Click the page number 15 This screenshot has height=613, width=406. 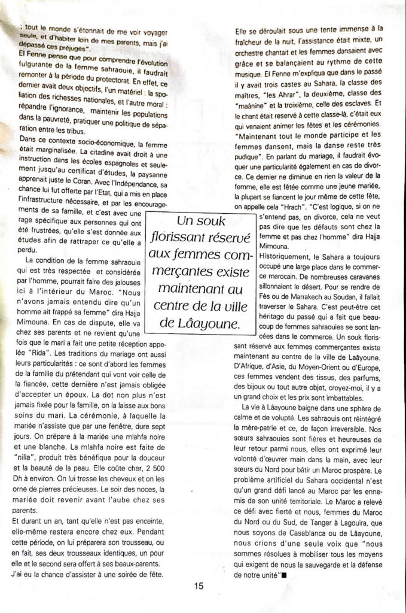[199, 586]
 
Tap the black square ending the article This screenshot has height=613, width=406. [283, 575]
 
